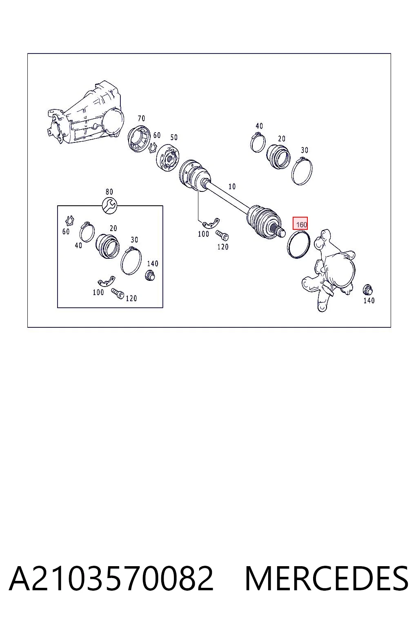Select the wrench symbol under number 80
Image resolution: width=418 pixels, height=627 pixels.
point(109,206)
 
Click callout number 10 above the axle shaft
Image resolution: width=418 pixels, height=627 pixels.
point(232,187)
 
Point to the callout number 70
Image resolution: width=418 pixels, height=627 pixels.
point(141,118)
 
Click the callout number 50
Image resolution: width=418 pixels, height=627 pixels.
point(174,138)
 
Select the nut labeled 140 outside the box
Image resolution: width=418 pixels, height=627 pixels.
point(368,290)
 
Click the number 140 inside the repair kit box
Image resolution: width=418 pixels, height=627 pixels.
point(153,263)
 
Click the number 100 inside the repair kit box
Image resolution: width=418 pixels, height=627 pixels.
point(98,292)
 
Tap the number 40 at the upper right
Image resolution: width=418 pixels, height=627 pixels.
point(259,126)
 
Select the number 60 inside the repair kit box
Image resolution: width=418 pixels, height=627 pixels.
point(66,231)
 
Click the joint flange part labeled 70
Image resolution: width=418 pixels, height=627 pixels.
point(139,139)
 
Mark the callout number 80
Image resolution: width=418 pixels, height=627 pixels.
point(109,192)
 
